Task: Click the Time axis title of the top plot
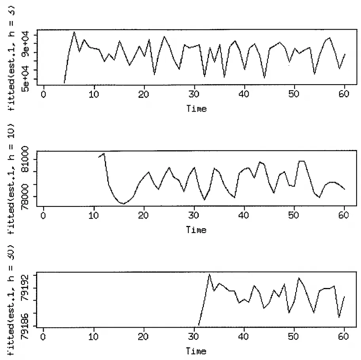(x=196, y=108)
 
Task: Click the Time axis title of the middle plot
(x=196, y=230)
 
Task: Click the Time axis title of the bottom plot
(x=196, y=351)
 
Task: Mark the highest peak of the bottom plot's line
(x=209, y=274)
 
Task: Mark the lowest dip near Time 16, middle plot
(x=124, y=204)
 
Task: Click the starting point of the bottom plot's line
(x=199, y=325)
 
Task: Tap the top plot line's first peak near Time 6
(x=74, y=32)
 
